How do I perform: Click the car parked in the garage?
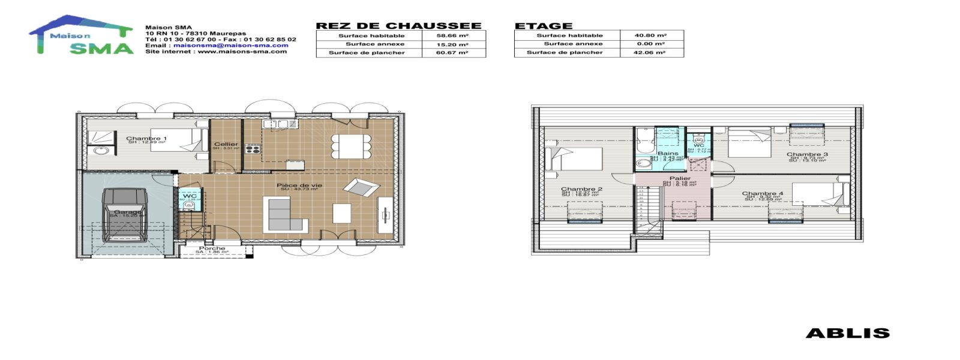point(125,214)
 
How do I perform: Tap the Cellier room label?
point(226,144)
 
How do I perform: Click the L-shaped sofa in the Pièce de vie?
point(285,215)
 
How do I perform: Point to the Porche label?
point(212,248)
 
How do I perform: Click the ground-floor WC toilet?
point(189,205)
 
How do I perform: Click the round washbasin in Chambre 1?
point(100,150)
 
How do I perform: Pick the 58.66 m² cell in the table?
point(452,35)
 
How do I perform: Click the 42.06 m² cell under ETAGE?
point(650,52)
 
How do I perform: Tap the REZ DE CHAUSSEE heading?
point(398,26)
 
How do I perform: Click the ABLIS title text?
point(847,333)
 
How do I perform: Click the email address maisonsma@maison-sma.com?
point(231,45)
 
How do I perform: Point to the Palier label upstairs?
point(679,178)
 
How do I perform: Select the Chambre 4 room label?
point(762,194)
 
